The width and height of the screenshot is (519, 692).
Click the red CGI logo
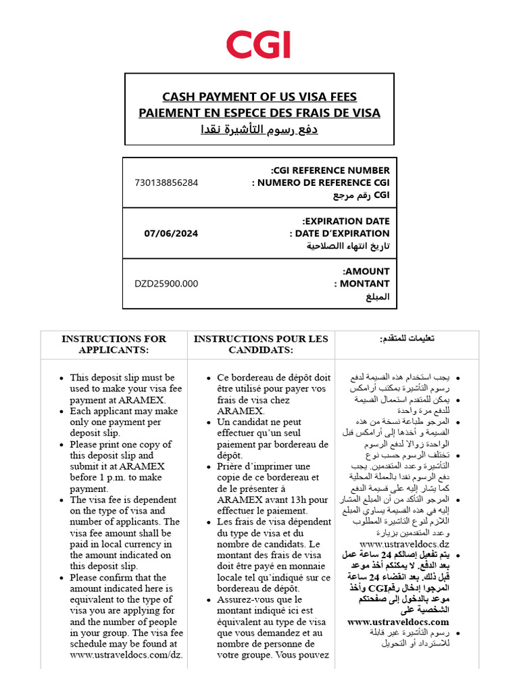(259, 45)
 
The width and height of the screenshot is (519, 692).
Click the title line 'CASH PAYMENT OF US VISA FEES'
(259, 97)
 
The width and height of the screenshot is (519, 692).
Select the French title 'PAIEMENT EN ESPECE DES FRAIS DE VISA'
(259, 113)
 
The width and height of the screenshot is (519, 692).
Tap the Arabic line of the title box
(259, 129)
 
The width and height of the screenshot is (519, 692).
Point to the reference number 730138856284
(167, 182)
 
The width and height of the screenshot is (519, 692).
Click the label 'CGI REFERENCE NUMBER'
(330, 170)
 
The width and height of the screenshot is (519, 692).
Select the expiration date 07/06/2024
(171, 233)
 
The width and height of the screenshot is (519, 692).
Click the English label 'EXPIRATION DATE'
(345, 221)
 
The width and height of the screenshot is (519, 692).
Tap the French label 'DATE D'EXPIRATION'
(339, 234)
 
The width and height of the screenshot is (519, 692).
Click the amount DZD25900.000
(166, 284)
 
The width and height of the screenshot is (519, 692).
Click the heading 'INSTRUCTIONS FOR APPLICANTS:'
(114, 344)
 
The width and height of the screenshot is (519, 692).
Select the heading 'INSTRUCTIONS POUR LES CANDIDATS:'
(261, 344)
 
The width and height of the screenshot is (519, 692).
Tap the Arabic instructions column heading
(407, 338)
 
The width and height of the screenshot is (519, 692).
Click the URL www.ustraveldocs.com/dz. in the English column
(126, 655)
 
